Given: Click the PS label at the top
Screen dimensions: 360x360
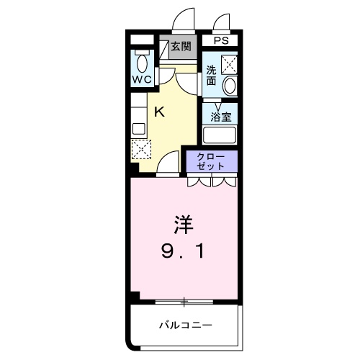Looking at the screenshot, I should (x=220, y=41).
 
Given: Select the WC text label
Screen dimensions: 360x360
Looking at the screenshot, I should (x=142, y=78).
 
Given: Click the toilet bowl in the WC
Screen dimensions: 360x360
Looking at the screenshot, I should (x=142, y=61).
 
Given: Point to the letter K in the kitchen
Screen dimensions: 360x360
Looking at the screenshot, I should (x=161, y=111).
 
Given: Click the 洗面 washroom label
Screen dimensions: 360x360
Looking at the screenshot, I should (x=212, y=76).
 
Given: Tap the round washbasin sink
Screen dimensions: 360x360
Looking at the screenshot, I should (x=230, y=86).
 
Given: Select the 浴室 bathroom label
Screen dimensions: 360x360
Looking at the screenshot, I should (x=220, y=116).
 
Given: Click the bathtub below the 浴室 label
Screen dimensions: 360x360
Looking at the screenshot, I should (x=220, y=135).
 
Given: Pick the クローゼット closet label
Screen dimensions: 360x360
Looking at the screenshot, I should (x=212, y=161).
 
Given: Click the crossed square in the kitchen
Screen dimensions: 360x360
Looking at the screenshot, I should (x=139, y=149).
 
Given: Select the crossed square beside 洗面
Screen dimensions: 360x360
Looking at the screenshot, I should (x=230, y=65).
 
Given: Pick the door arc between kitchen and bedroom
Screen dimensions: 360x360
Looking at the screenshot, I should (x=168, y=164).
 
